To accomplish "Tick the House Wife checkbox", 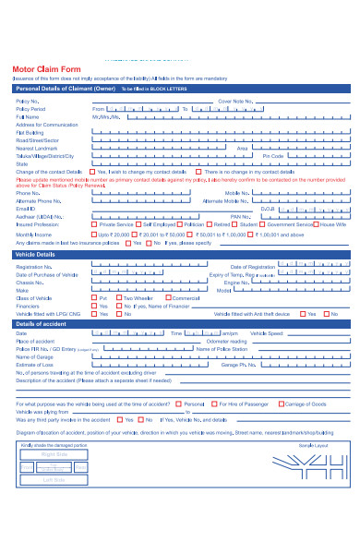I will [315, 223].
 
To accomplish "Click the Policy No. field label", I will [28, 101].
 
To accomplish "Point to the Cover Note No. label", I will [234, 101].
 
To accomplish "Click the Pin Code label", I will [272, 155].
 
